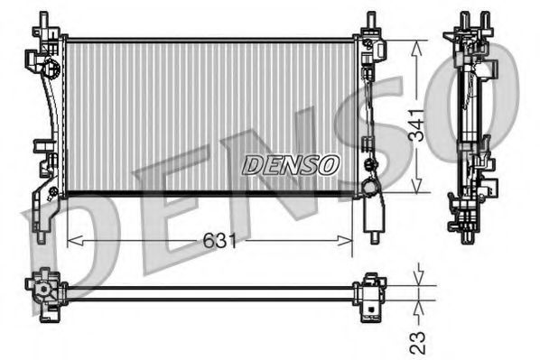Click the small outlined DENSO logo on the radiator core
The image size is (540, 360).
(x=291, y=164)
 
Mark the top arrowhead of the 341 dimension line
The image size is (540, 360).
(x=414, y=44)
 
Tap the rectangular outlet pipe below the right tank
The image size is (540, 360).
(x=371, y=217)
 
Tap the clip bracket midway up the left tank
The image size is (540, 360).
(x=42, y=146)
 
